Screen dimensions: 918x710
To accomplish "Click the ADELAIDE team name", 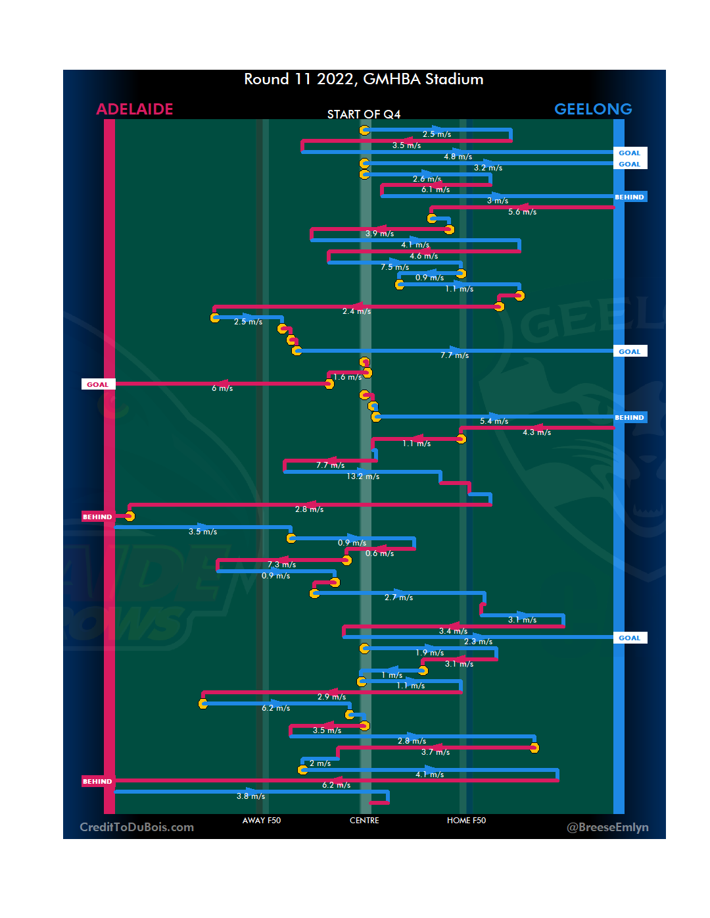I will (135, 109).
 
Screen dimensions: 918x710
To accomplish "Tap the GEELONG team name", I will (593, 109).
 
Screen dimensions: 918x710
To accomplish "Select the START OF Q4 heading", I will (364, 115).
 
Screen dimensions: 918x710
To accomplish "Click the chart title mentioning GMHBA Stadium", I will (364, 80).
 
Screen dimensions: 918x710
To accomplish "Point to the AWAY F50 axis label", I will (262, 821).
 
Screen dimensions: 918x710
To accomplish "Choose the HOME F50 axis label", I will (466, 821).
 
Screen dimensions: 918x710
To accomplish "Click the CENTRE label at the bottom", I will (364, 821).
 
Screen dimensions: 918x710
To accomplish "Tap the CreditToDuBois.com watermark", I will (137, 827).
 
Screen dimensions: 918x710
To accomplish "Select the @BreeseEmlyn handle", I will (607, 827).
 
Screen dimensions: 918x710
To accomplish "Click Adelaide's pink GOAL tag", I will (98, 384).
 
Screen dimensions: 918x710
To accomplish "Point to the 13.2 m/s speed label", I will (363, 476).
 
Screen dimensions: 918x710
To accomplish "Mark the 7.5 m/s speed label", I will (394, 267).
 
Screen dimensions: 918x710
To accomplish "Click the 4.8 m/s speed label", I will (458, 157).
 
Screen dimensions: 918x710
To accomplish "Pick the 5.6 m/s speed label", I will (522, 212).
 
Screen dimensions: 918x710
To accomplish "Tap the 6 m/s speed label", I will (222, 388).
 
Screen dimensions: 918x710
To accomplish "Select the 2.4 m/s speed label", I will (356, 311).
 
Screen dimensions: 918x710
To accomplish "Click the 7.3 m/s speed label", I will (281, 565).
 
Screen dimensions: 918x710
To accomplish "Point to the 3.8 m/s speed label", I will (250, 796).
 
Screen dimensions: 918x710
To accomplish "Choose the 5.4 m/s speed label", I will (494, 421).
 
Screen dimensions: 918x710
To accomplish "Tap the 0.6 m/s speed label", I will (379, 553).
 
